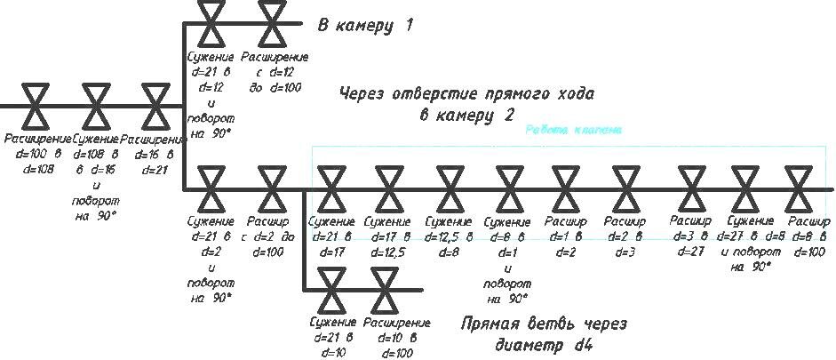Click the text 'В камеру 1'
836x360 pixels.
tap(365, 25)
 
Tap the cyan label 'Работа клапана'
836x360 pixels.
tap(573, 130)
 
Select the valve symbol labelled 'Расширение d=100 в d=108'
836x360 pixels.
tap(36, 106)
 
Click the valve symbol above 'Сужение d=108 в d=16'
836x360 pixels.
tap(96, 106)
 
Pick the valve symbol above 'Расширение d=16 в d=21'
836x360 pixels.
tap(155, 106)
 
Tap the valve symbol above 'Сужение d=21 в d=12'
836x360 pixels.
tap(211, 24)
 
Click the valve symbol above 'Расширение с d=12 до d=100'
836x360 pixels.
tap(271, 24)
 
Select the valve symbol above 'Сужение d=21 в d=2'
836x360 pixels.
tap(211, 188)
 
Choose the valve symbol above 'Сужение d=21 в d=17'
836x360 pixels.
tap(330, 188)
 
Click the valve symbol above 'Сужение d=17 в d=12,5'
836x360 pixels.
tap(387, 188)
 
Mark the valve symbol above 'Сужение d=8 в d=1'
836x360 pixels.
tap(509, 188)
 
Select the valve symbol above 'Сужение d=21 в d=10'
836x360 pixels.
tap(333, 289)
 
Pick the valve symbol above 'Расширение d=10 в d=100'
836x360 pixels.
tap(388, 289)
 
